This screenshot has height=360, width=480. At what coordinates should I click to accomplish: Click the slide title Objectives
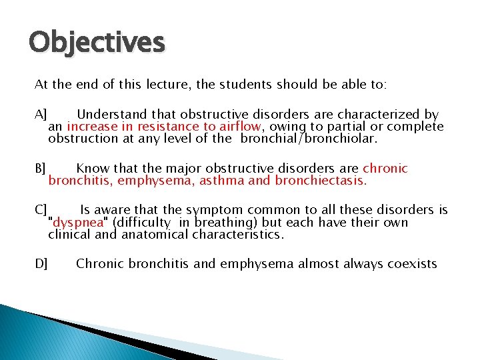pos(97,43)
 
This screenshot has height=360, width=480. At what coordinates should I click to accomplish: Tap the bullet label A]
pos(41,115)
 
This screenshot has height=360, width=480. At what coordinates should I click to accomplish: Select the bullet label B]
pos(41,169)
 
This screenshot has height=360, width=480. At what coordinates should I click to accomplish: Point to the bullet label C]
pos(41,210)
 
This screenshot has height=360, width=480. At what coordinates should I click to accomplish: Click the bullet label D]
pos(41,264)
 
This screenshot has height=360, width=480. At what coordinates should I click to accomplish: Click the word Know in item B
pos(91,169)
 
